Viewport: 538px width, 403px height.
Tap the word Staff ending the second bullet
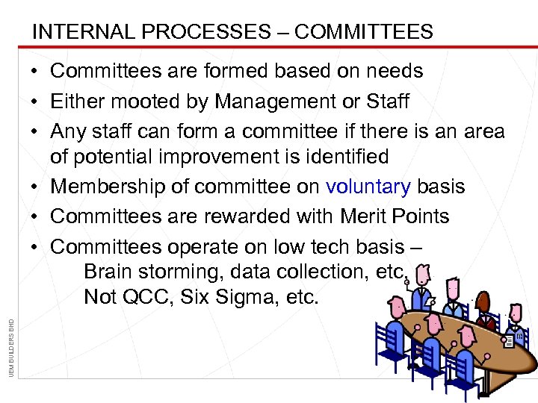389,101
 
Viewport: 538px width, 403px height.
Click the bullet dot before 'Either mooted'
37,101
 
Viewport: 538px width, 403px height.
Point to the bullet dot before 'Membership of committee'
37,187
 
